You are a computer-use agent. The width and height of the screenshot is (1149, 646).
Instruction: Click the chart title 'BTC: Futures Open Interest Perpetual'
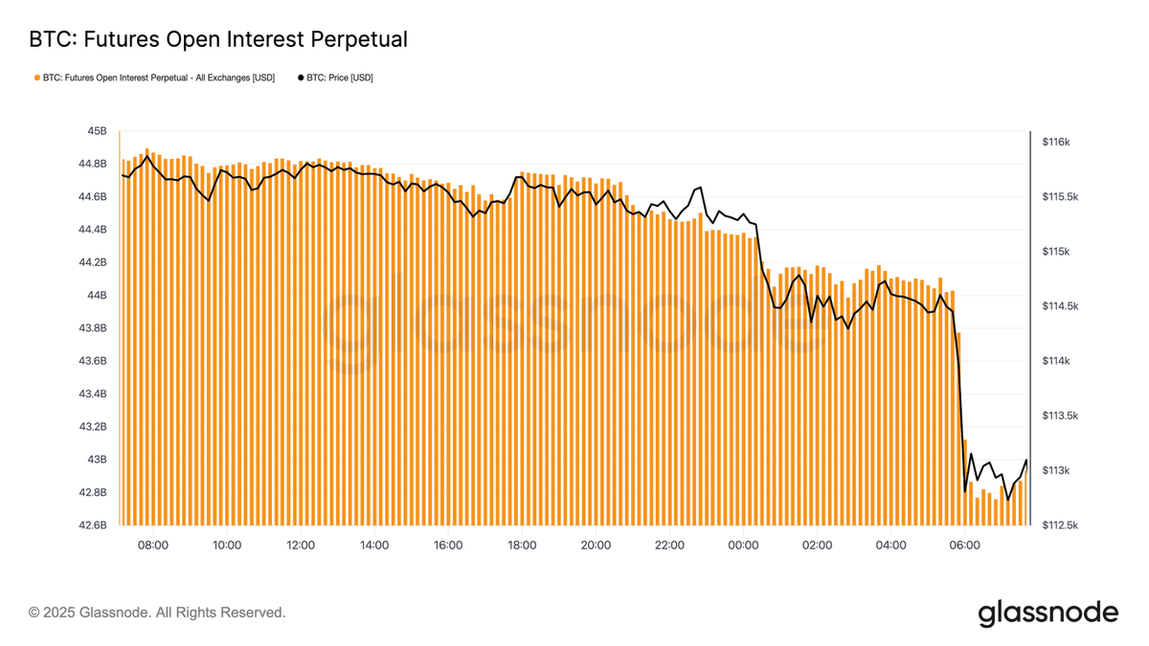pyautogui.click(x=218, y=39)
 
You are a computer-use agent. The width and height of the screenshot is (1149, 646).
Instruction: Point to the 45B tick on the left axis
pyautogui.click(x=97, y=131)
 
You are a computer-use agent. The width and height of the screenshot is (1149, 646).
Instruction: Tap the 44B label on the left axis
pyautogui.click(x=97, y=296)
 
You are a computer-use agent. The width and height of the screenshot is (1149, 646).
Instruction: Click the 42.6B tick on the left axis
pyautogui.click(x=93, y=525)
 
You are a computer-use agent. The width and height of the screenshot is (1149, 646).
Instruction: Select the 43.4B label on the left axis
pyautogui.click(x=93, y=394)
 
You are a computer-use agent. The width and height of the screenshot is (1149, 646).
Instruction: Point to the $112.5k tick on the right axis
pyautogui.click(x=1061, y=525)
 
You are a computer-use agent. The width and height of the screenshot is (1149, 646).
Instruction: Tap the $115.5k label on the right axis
pyautogui.click(x=1061, y=197)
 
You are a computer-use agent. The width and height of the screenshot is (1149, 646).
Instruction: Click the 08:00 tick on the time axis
pyautogui.click(x=153, y=545)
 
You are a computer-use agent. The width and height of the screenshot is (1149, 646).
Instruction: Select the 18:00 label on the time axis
pyautogui.click(x=522, y=545)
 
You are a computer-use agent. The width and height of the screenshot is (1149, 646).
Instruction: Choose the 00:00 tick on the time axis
pyautogui.click(x=743, y=545)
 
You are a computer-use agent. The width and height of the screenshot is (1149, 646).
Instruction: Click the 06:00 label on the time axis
pyautogui.click(x=964, y=545)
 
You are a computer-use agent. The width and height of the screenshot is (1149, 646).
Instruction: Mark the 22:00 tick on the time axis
pyautogui.click(x=669, y=545)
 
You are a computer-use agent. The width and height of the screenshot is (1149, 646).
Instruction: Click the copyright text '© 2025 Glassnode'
pyautogui.click(x=157, y=612)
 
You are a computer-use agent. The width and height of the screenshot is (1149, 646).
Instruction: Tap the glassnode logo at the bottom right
pyautogui.click(x=1048, y=613)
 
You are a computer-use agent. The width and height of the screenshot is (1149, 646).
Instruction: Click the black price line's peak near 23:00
pyautogui.click(x=701, y=188)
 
